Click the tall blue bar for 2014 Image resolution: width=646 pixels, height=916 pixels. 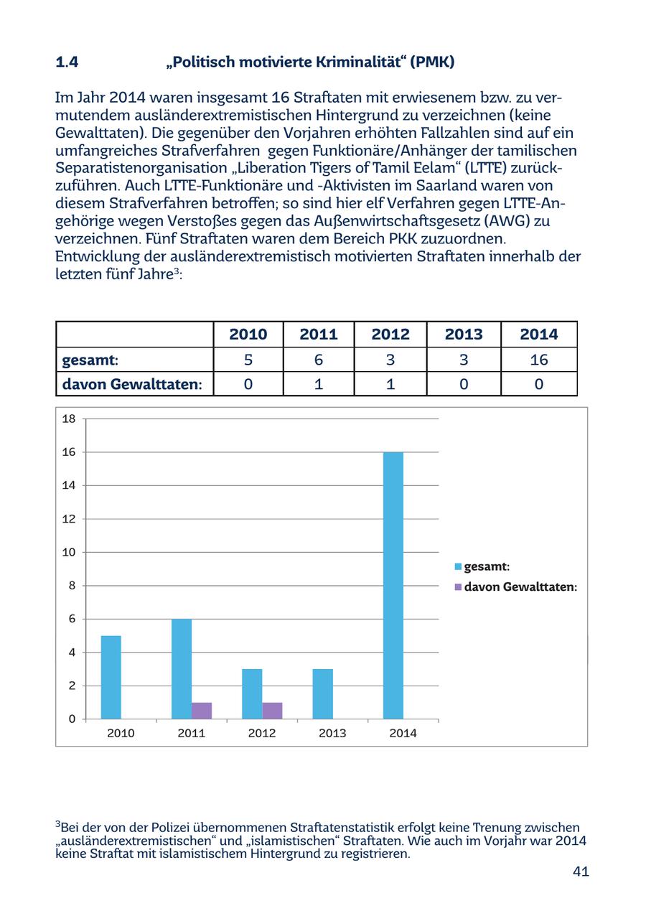[x=393, y=585]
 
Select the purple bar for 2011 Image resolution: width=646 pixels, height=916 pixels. [x=202, y=710]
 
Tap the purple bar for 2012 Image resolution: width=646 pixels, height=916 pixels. [x=272, y=710]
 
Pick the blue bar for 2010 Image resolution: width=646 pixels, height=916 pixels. [x=111, y=677]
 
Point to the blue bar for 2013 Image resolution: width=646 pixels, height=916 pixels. [x=322, y=693]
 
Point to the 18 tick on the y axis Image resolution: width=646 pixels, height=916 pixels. [x=69, y=419]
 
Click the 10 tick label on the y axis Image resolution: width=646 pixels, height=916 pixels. [x=69, y=552]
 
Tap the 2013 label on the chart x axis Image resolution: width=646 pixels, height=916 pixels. [x=332, y=733]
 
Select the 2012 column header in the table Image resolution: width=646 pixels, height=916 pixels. [x=390, y=334]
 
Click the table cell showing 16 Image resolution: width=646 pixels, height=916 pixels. [x=538, y=360]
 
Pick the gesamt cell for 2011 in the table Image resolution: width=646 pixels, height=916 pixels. [x=319, y=360]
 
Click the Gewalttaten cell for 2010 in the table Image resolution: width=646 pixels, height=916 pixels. [x=248, y=384]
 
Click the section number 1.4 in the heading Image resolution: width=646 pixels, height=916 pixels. [x=67, y=62]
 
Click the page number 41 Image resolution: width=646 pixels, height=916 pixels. [x=581, y=871]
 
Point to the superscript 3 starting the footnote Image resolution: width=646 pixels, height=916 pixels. [x=57, y=824]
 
